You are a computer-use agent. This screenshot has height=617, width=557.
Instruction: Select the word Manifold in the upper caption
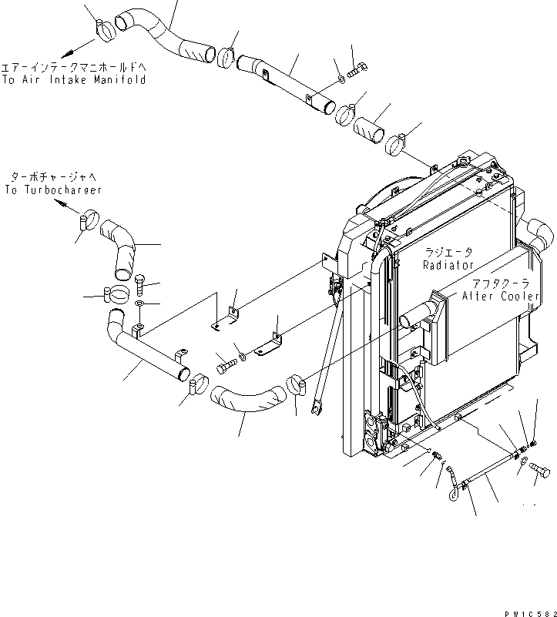point(120,79)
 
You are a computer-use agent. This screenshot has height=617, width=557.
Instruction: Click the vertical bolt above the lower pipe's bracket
point(139,286)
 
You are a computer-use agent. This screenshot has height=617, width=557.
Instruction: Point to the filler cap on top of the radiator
point(465,162)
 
